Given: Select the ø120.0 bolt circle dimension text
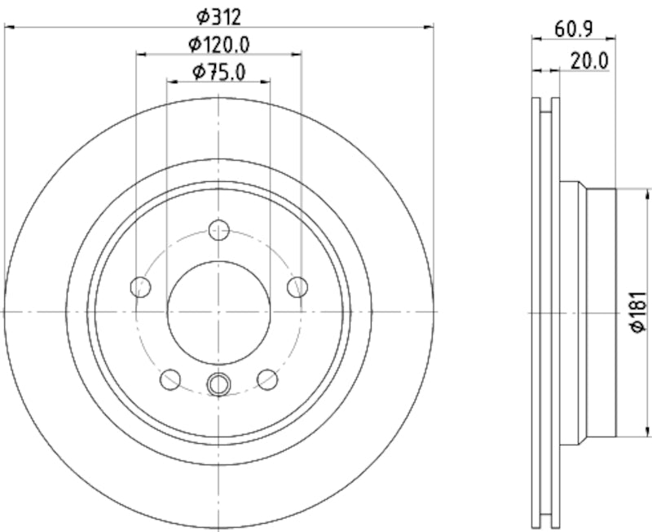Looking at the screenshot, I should click(x=218, y=43).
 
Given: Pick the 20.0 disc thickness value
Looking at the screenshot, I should click(x=589, y=60).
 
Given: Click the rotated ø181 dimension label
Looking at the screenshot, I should click(x=638, y=311).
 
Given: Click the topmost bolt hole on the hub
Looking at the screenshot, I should click(x=218, y=230).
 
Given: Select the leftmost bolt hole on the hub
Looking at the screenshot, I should click(x=141, y=286).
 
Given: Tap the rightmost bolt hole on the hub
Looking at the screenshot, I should click(x=297, y=286).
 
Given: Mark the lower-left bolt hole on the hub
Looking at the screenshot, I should click(x=170, y=379).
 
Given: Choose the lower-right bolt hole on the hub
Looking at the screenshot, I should click(x=267, y=379).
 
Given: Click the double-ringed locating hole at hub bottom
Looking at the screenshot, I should click(x=218, y=383).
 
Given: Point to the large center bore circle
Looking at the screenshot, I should click(x=218, y=312).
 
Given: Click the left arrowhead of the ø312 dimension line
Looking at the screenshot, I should click(x=10, y=28).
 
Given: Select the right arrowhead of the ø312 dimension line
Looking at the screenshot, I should click(x=429, y=28).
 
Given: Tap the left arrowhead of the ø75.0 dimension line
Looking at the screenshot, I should click(x=171, y=81).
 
